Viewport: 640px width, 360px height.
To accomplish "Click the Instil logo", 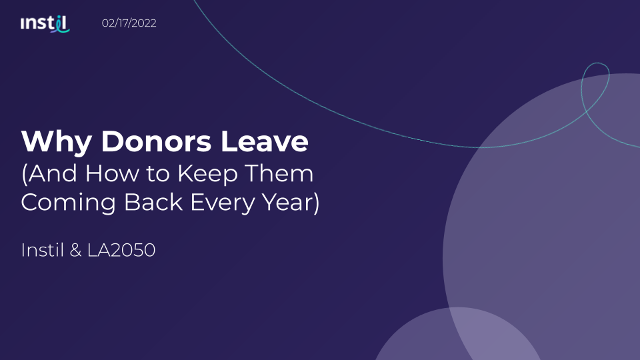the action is (45, 24).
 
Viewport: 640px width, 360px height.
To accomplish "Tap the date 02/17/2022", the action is (129, 23).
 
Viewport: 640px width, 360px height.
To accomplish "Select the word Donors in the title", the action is (156, 141).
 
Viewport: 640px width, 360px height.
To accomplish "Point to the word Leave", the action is (265, 141).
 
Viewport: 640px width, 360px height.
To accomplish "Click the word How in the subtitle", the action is (112, 173).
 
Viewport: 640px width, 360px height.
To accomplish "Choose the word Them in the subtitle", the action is (279, 173).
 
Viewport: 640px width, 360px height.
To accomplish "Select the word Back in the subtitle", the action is (153, 202).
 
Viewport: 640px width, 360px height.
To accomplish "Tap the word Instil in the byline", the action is (43, 250).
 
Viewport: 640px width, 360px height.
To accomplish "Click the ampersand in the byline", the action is (75, 250).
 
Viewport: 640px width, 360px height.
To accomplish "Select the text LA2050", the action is (121, 250).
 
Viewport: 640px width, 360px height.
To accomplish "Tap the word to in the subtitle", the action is (158, 174).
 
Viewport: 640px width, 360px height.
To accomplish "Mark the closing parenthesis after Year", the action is (316, 203).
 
